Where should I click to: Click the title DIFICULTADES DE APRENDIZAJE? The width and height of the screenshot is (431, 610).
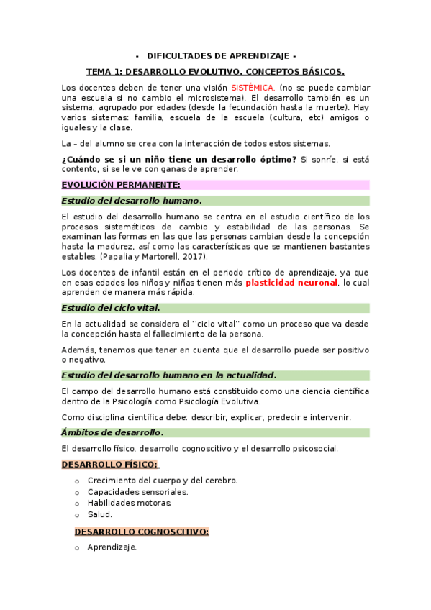pyautogui.click(x=216, y=56)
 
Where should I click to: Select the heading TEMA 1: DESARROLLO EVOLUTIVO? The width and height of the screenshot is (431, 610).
pyautogui.click(x=215, y=72)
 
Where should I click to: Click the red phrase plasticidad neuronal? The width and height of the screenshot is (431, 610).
pyautogui.click(x=291, y=283)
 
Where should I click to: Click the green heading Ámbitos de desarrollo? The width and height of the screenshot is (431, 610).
pyautogui.click(x=112, y=432)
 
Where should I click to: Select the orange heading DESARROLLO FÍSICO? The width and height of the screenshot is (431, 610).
pyautogui.click(x=110, y=464)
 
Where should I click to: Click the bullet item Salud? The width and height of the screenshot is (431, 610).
pyautogui.click(x=100, y=514)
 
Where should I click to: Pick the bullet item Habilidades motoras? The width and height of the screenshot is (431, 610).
pyautogui.click(x=130, y=503)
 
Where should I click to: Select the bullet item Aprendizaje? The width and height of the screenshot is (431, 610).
pyautogui.click(x=112, y=547)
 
